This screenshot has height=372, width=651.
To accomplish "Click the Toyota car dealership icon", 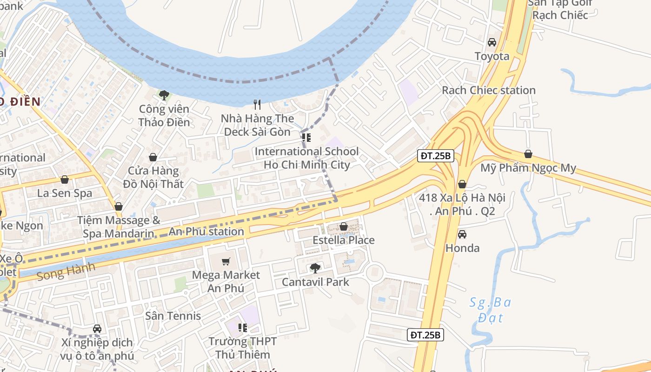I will tap(492, 42).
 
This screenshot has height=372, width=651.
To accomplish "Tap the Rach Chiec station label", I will tap(488, 90).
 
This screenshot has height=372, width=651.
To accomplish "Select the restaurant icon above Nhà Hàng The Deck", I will tap(257, 104).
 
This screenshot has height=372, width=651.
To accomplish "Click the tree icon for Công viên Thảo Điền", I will tap(164, 95).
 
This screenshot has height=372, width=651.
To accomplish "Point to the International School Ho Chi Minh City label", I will tap(306, 158).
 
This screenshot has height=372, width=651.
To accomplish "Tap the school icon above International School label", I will tap(306, 138).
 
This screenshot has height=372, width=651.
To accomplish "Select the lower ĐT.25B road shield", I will tap(425, 334).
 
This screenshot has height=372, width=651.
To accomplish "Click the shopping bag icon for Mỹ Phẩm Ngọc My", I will tap(528, 154).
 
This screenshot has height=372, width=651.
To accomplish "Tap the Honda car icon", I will tap(462, 234).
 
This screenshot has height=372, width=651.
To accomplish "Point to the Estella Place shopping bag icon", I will tap(343, 226).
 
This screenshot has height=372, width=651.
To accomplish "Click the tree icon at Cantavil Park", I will tap(315, 268).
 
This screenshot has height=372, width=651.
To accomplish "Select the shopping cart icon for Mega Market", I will tap(226, 261).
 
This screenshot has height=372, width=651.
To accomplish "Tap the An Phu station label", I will tap(206, 231).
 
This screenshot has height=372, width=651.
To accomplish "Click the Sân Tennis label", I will tap(173, 316).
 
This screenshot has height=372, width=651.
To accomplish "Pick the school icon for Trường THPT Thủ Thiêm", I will tap(242, 328).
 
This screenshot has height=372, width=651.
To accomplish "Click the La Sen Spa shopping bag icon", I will tap(65, 179).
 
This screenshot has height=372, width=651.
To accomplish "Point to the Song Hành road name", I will tap(66, 271).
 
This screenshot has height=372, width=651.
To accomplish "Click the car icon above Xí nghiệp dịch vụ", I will tap(97, 329).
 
